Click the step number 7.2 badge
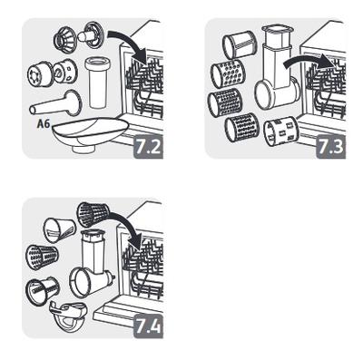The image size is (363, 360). [148, 147]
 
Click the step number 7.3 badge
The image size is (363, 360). [330, 147]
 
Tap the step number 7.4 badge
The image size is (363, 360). [148, 326]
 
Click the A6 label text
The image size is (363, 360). [44, 124]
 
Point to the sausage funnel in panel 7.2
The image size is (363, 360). [55, 103]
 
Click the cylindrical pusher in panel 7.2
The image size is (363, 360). [97, 83]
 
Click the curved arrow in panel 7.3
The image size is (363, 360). [309, 62]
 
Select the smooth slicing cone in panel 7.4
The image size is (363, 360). [59, 229]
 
